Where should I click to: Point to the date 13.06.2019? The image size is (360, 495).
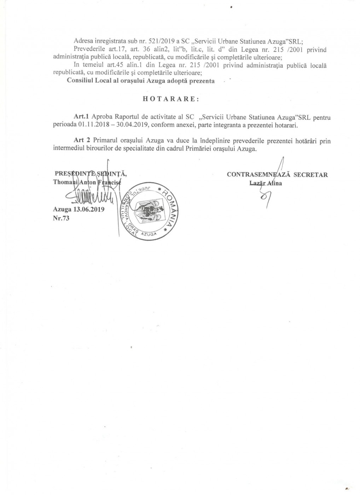(89, 209)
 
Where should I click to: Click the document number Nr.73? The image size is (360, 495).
(60, 218)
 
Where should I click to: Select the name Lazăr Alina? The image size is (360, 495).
(266, 183)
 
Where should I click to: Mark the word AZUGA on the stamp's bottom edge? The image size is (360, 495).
(151, 234)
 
